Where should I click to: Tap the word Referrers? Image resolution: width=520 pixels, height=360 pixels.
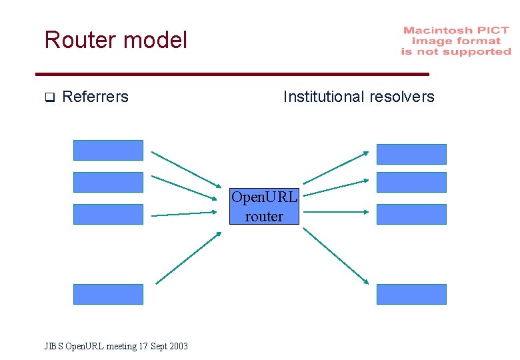pyautogui.click(x=95, y=97)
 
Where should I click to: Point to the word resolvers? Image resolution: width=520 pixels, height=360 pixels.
pyautogui.click(x=403, y=97)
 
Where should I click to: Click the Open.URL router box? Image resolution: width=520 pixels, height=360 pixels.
pyautogui.click(x=265, y=207)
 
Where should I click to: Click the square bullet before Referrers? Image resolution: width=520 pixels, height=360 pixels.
pyautogui.click(x=49, y=98)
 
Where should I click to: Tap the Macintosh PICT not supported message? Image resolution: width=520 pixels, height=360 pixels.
pyautogui.click(x=456, y=41)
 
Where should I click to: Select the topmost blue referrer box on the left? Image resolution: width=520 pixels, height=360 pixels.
pyautogui.click(x=108, y=150)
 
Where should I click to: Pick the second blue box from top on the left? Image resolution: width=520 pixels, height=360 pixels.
pyautogui.click(x=108, y=182)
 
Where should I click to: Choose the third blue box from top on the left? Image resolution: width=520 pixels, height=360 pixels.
pyautogui.click(x=108, y=214)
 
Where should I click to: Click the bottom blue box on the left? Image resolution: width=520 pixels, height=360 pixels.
pyautogui.click(x=108, y=294)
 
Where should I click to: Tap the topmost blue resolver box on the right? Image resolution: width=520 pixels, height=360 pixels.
pyautogui.click(x=411, y=154)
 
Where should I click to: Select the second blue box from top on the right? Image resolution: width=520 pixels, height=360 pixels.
pyautogui.click(x=411, y=182)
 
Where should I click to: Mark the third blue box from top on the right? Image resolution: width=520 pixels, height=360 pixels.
pyautogui.click(x=411, y=214)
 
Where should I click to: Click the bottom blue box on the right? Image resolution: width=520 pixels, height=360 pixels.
pyautogui.click(x=411, y=294)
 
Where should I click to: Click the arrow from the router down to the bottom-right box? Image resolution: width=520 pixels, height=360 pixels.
pyautogui.click(x=335, y=255)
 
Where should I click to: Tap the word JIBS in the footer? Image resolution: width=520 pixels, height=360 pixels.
pyautogui.click(x=53, y=346)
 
